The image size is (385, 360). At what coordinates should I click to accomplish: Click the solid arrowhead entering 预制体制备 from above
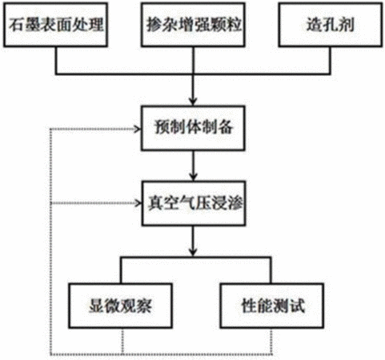[193, 102]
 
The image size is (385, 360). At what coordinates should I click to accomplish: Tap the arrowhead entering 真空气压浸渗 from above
[193, 177]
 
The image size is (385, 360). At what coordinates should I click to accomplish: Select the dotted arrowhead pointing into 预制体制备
[138, 130]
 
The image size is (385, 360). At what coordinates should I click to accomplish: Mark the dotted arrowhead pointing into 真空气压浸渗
[138, 203]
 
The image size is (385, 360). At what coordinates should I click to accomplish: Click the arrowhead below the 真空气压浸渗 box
[193, 252]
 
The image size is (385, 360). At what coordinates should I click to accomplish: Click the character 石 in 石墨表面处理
[16, 25]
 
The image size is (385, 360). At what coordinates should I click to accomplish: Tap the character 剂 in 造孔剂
[346, 25]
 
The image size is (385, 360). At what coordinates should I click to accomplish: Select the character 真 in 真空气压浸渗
[155, 203]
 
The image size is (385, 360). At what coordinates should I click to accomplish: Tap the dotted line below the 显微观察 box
[122, 342]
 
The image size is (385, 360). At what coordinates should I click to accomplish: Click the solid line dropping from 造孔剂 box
[331, 60]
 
